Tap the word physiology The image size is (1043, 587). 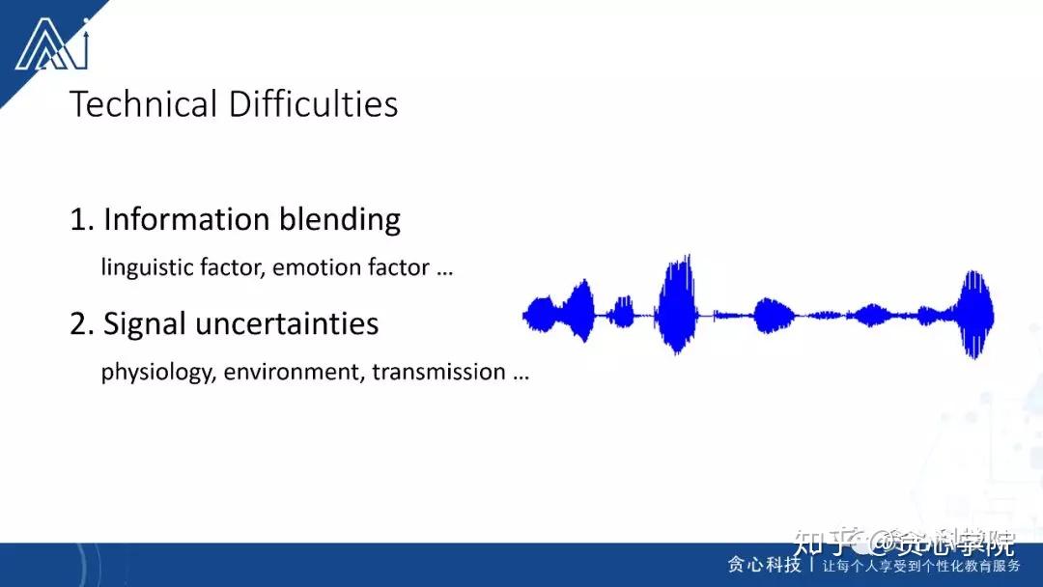tap(156, 373)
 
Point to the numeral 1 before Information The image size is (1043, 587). tap(78, 220)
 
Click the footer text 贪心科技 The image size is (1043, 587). tap(764, 565)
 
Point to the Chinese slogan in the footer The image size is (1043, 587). tap(921, 566)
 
